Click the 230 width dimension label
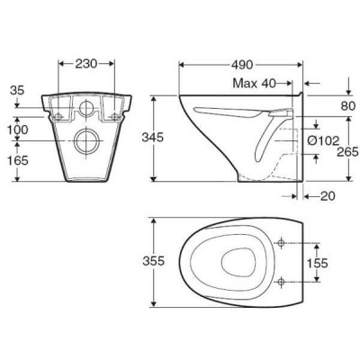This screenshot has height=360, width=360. tap(86, 64)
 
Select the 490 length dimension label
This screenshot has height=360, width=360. tap(242, 65)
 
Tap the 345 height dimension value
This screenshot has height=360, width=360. tap(153, 138)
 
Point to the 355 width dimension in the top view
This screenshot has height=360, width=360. tap(154, 261)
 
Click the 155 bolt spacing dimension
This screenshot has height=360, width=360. tap(317, 263)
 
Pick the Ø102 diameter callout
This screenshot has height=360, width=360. tap(324, 140)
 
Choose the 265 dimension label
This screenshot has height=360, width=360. tap(348, 152)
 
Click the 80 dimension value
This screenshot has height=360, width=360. tap(348, 106)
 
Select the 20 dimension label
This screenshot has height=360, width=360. tap(328, 196)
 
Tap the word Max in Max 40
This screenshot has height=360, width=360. tap(245, 84)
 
